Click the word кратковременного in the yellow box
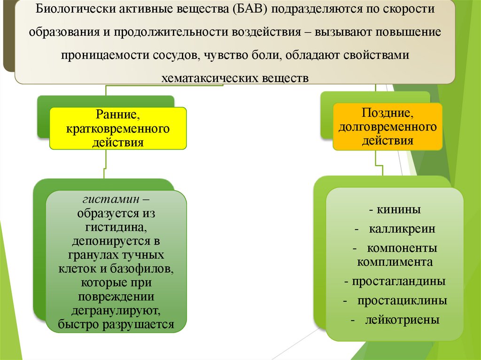click(118, 129)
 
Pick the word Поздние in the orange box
click(388, 113)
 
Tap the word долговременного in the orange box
click(388, 127)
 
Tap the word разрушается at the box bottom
click(143, 324)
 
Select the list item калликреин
click(402, 230)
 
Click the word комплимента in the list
click(395, 262)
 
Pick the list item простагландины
click(398, 282)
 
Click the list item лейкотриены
click(402, 321)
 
